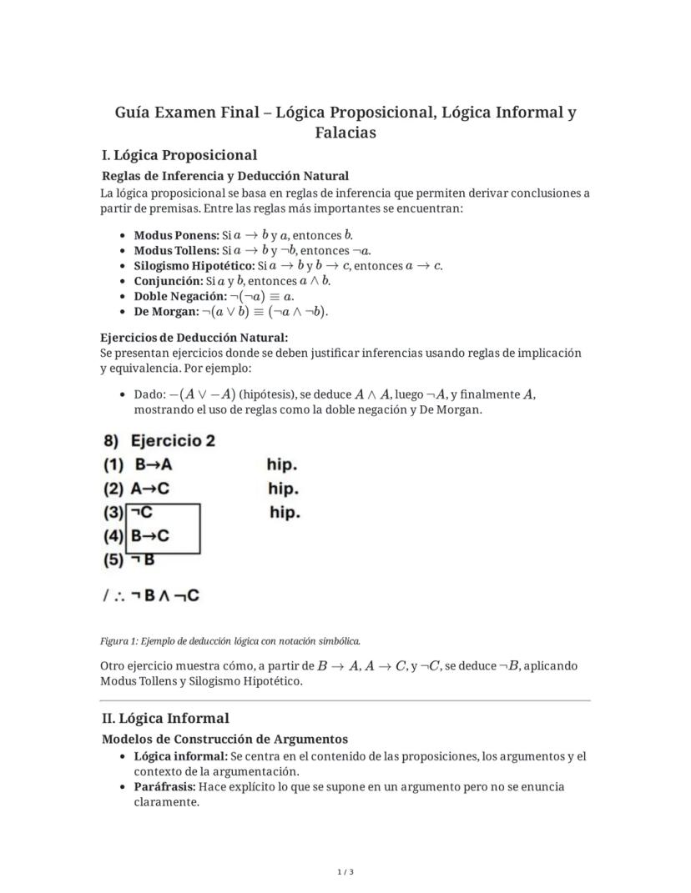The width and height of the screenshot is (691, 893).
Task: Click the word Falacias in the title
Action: click(x=345, y=133)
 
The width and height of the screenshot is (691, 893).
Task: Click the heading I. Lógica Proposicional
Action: click(x=179, y=155)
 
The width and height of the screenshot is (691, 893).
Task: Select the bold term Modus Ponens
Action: click(x=176, y=236)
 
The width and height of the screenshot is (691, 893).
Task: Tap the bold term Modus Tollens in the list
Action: click(x=176, y=251)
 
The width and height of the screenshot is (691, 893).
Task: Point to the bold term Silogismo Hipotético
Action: click(x=194, y=266)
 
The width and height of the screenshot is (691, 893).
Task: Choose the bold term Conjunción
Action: click(x=169, y=281)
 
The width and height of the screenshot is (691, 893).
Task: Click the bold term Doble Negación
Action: click(x=179, y=296)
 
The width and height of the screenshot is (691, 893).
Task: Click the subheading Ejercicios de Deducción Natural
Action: click(x=194, y=337)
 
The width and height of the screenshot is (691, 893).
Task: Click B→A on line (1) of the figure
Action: click(x=154, y=464)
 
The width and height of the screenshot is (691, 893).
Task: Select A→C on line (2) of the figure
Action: click(x=150, y=489)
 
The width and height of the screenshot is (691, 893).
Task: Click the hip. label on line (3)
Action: click(x=285, y=513)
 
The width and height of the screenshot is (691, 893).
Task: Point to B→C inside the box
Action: click(x=150, y=536)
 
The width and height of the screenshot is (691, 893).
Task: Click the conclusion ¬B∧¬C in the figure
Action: click(x=165, y=595)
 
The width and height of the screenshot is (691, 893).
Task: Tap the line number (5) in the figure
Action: click(x=113, y=560)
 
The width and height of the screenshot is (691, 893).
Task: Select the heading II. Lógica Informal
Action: click(x=165, y=718)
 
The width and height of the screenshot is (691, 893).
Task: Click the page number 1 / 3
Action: click(x=345, y=872)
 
